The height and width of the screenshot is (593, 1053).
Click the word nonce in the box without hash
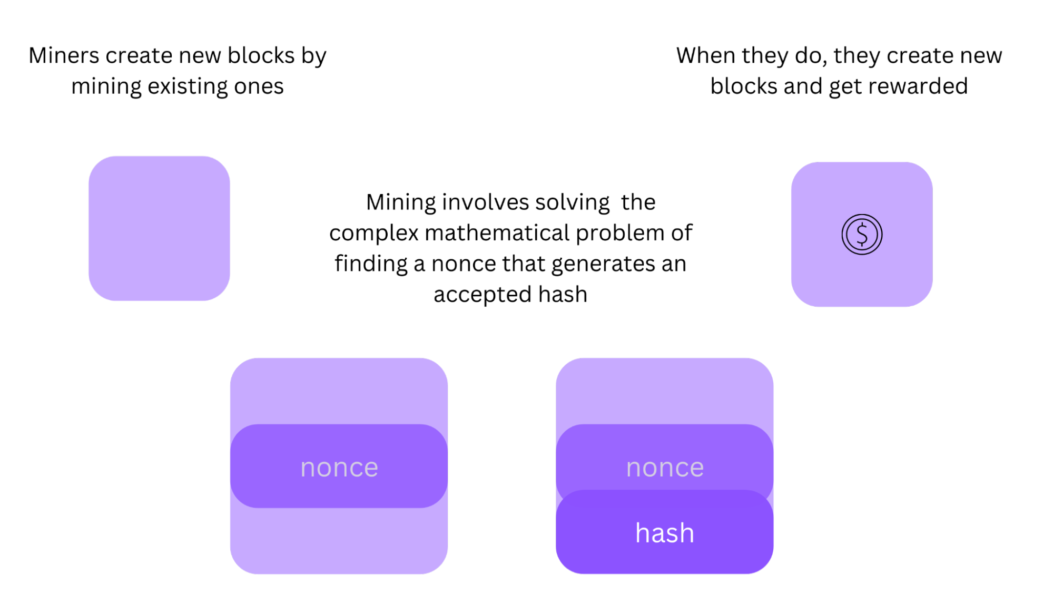tap(339, 468)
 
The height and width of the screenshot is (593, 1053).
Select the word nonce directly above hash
tap(665, 468)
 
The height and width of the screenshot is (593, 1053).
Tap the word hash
tap(665, 533)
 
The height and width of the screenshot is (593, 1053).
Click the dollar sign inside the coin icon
tap(862, 235)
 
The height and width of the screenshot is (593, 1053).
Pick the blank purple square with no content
tap(159, 228)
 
